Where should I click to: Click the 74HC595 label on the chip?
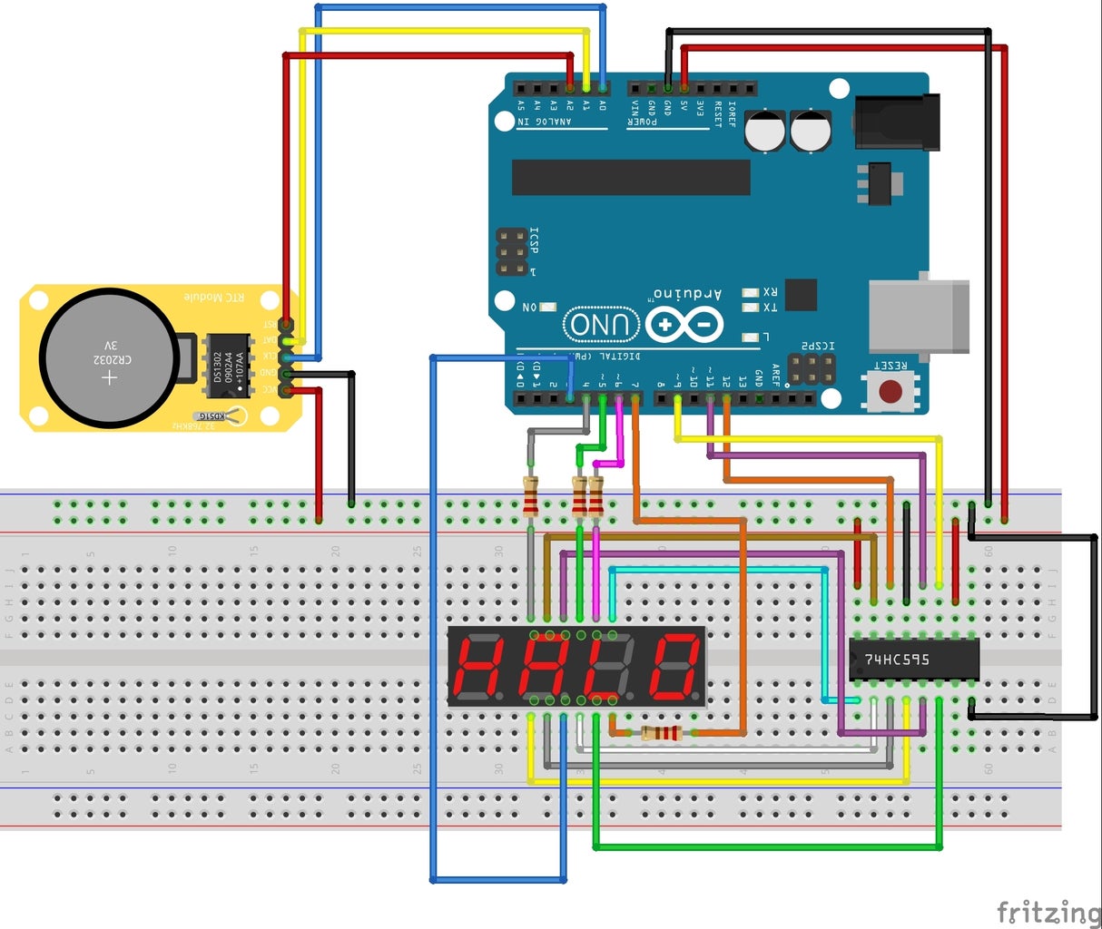(x=897, y=660)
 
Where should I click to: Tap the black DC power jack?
(x=895, y=122)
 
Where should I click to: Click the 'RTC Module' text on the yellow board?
(x=214, y=297)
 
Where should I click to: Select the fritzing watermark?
(x=1048, y=911)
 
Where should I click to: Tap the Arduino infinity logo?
(x=684, y=325)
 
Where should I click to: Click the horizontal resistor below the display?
(x=660, y=733)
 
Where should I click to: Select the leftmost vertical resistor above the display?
(x=531, y=495)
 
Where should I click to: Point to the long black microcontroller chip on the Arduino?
(x=631, y=177)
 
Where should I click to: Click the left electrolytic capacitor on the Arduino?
(x=765, y=131)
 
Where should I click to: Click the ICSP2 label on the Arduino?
(x=817, y=347)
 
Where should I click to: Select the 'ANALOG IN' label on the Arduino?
(x=545, y=122)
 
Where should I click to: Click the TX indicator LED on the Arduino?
(x=750, y=308)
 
